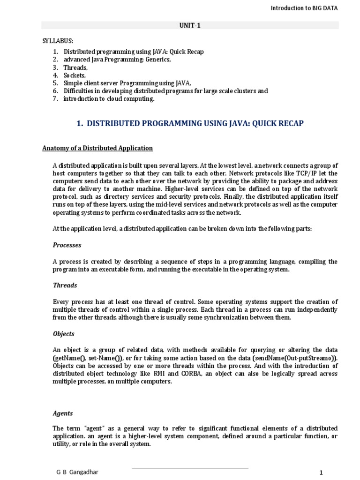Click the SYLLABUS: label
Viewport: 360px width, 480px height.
tap(58, 41)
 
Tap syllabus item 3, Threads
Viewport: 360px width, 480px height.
tap(75, 67)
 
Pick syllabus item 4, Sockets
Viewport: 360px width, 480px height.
tap(75, 75)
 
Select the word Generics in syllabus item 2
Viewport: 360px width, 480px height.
tap(159, 60)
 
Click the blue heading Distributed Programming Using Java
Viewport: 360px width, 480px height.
tap(189, 123)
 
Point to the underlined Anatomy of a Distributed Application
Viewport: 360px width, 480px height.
tap(97, 148)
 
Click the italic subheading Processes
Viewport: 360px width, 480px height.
tap(67, 245)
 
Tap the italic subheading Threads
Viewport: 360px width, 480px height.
tap(65, 285)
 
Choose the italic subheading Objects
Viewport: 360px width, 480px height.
tap(63, 334)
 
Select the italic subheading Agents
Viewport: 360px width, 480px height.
tap(63, 413)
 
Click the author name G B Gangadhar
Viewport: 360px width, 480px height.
tap(78, 472)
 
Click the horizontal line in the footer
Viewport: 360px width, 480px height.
tap(189, 468)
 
